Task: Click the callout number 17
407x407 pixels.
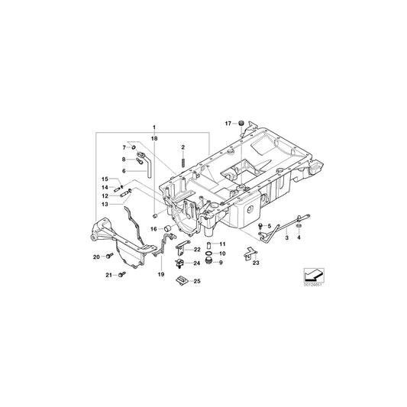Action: [228, 122]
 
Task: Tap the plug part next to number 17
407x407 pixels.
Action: [239, 122]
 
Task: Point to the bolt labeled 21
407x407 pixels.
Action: [120, 274]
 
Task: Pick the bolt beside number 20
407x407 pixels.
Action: [109, 256]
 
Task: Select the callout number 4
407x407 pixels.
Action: [299, 239]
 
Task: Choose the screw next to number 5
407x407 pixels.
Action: [261, 228]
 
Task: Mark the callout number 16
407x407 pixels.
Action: [154, 228]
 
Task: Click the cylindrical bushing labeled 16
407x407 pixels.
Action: [167, 228]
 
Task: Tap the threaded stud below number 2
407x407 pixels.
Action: [183, 161]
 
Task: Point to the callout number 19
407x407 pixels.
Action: [161, 273]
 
